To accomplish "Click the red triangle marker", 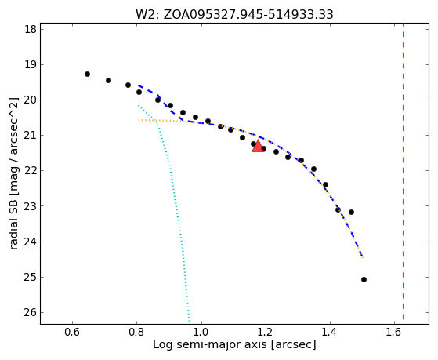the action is pyautogui.click(x=258, y=147).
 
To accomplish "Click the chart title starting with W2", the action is pyautogui.click(x=234, y=15).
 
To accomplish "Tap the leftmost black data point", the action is pyautogui.click(x=87, y=75).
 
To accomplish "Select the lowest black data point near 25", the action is pyautogui.click(x=364, y=279).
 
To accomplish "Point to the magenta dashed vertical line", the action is pyautogui.click(x=403, y=172).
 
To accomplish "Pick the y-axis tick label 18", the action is pyautogui.click(x=31, y=29).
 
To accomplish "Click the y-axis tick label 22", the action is pyautogui.click(x=31, y=171).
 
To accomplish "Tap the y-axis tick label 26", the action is pyautogui.click(x=31, y=312).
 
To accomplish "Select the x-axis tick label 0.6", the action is pyautogui.click(x=72, y=332).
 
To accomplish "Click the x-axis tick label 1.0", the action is pyautogui.click(x=201, y=332).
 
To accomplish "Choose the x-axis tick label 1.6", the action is pyautogui.click(x=394, y=332).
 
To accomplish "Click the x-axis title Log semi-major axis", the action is pyautogui.click(x=234, y=344).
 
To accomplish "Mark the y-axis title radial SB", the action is pyautogui.click(x=14, y=173).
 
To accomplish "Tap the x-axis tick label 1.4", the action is pyautogui.click(x=330, y=332).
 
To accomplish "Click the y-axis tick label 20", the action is pyautogui.click(x=31, y=100).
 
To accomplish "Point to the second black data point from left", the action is pyautogui.click(x=108, y=80).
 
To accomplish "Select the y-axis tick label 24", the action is pyautogui.click(x=31, y=242).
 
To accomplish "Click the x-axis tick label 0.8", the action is pyautogui.click(x=136, y=332).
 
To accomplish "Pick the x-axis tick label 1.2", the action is pyautogui.click(x=266, y=332).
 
